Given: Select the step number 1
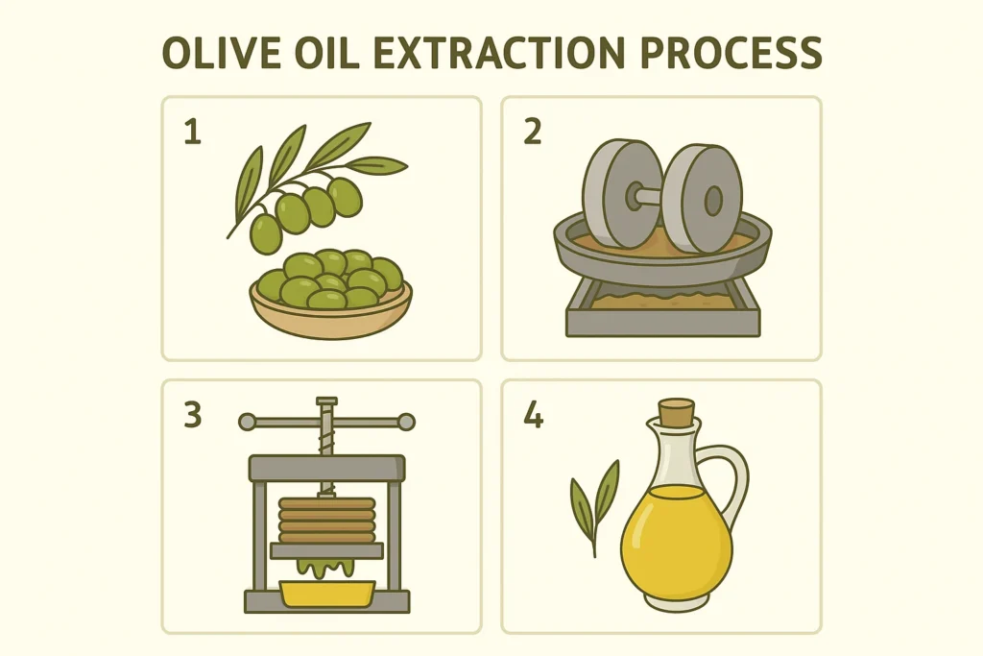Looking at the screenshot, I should tap(192, 132).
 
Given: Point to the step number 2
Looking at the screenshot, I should tap(532, 132).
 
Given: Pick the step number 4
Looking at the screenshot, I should tap(533, 415).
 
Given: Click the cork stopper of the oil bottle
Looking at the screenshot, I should tap(678, 412).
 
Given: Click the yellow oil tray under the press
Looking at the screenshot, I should tap(325, 592).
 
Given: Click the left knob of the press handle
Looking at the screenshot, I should tap(248, 421).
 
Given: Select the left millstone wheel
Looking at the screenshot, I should tap(610, 202).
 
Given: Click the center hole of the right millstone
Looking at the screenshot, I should tap(712, 200).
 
